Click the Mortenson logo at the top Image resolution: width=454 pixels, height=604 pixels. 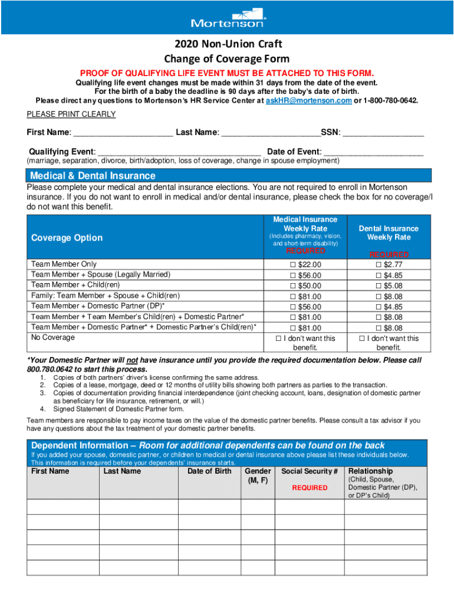pos(228,18)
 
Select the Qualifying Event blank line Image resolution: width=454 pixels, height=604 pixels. pos(179,152)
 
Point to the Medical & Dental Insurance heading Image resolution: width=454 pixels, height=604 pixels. pos(93,176)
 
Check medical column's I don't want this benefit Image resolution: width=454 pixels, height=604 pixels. pos(279,339)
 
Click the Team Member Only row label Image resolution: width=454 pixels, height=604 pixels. pos(64,264)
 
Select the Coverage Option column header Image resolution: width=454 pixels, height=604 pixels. pos(67,238)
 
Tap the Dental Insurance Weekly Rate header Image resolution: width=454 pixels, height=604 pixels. pos(389,233)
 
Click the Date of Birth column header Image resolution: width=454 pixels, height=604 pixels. pos(209,471)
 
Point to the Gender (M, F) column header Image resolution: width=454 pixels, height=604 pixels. pos(258,475)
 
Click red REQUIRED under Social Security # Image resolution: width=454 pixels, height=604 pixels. pos(310,488)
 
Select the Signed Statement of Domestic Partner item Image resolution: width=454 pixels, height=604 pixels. pos(119,409)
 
